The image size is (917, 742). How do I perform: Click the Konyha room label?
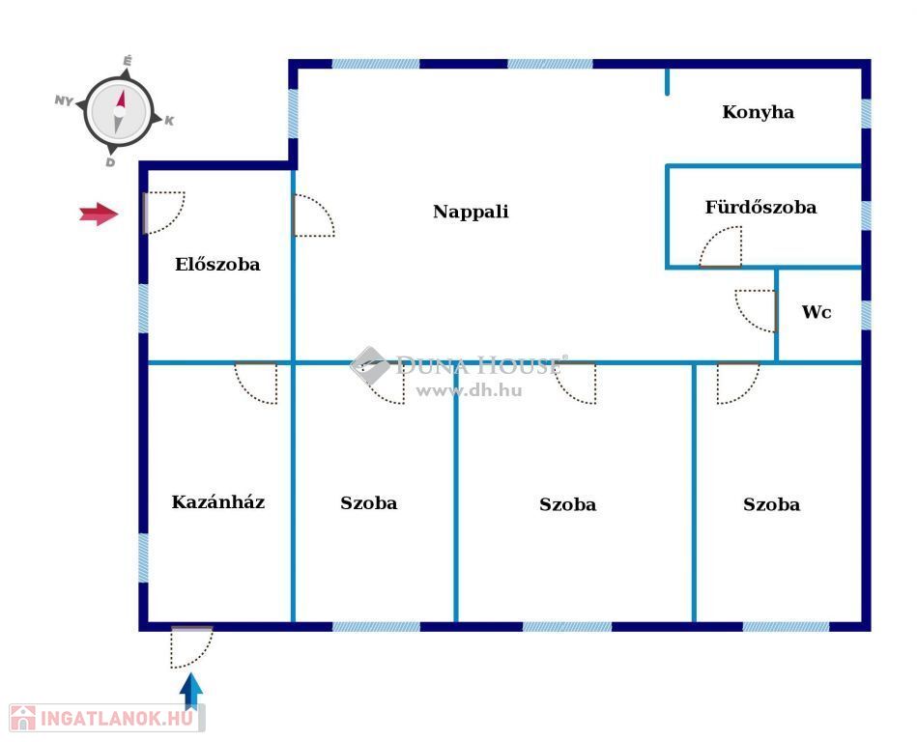click(758, 112)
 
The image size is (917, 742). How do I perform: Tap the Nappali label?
click(471, 212)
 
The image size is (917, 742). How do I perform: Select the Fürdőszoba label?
click(760, 208)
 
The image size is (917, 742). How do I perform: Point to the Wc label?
click(817, 312)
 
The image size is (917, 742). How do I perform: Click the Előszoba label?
click(217, 264)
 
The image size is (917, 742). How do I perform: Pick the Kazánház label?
click(218, 502)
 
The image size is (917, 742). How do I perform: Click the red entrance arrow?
click(98, 214)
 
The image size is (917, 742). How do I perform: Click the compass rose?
click(119, 110)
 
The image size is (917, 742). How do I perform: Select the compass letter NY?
click(65, 100)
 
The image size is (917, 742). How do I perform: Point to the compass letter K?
click(169, 121)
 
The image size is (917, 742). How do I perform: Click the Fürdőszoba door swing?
click(721, 247)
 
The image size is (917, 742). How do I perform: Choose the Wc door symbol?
click(756, 309)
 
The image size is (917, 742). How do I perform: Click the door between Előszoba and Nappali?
click(312, 215)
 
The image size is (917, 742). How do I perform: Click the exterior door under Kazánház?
click(190, 646)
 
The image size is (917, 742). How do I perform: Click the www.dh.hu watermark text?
click(469, 390)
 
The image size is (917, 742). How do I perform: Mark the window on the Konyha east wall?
click(866, 113)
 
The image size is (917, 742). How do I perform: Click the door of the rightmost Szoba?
click(737, 382)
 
